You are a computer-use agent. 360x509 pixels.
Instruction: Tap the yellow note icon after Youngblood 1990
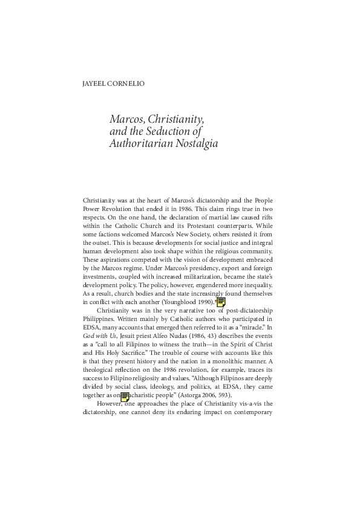221,302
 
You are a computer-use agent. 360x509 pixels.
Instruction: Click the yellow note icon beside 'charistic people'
125,397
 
